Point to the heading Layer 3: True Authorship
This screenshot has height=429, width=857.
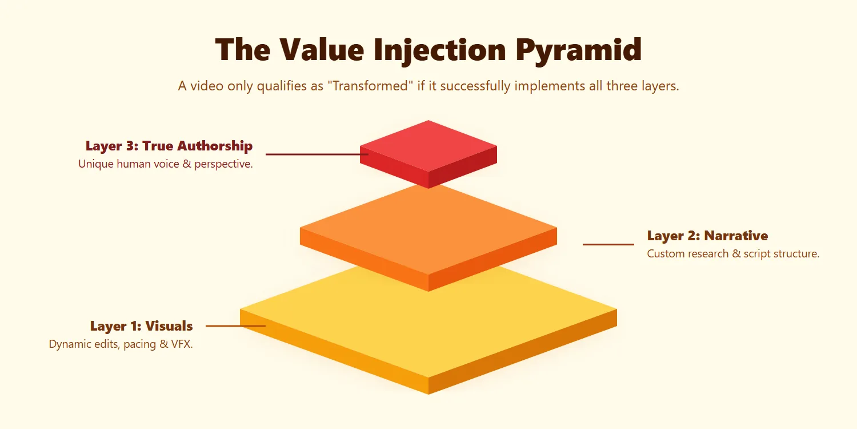tap(169, 146)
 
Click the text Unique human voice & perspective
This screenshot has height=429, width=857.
tap(165, 164)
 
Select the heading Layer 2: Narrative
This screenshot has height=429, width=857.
tap(707, 236)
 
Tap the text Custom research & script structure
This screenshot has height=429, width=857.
tap(733, 254)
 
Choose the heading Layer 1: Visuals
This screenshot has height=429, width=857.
tap(141, 326)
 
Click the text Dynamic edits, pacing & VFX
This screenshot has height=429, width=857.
tap(121, 344)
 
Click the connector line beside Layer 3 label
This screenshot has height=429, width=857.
tap(314, 154)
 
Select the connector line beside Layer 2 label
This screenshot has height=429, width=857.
tap(608, 244)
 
